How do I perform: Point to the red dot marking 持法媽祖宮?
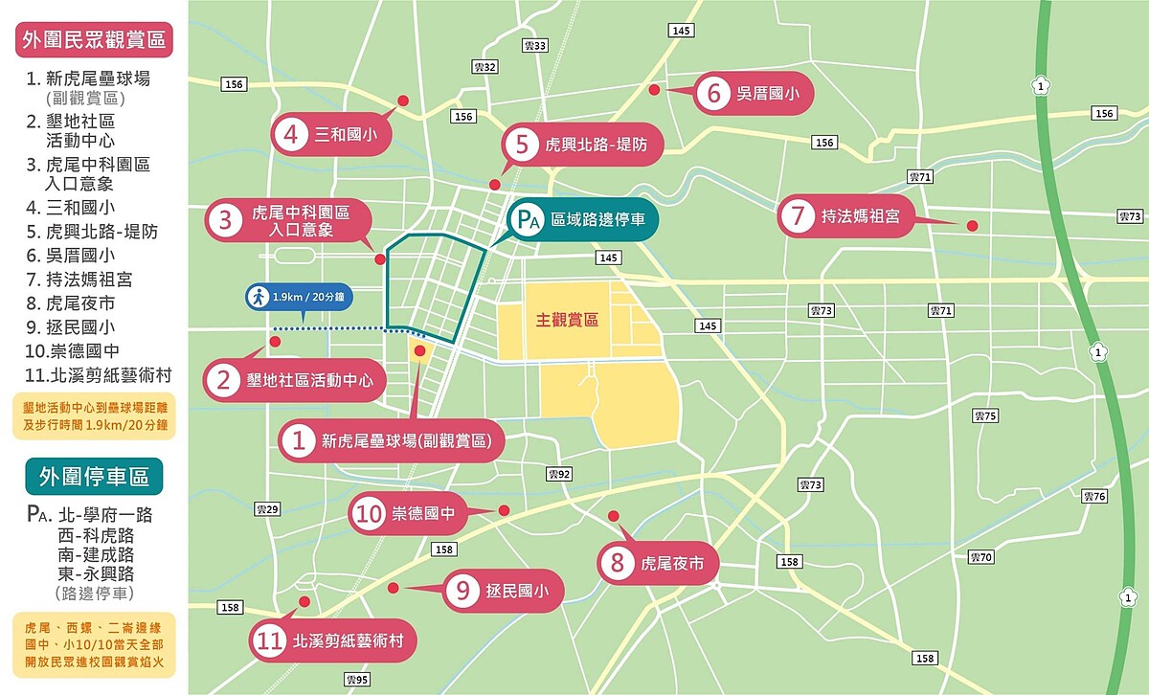(x=972, y=226)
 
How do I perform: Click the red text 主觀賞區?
(x=567, y=320)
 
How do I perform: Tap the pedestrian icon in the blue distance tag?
(x=258, y=297)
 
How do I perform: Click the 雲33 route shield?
(x=535, y=46)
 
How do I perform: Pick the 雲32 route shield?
(x=485, y=67)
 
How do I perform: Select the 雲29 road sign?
(x=267, y=509)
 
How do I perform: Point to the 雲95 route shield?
(x=357, y=680)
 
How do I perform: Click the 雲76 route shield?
(x=1093, y=496)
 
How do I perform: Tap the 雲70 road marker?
(x=980, y=557)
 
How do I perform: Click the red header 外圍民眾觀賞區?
(x=94, y=39)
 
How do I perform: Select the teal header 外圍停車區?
(x=94, y=476)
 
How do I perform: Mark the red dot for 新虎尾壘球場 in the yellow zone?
(x=419, y=351)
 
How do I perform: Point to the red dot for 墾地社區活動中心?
(x=276, y=341)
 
